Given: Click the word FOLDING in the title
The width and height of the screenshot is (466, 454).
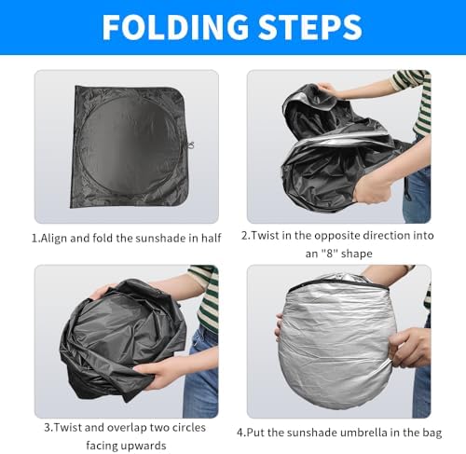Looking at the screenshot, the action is click(x=175, y=27).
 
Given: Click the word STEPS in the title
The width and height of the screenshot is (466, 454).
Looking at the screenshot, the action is click(x=310, y=27).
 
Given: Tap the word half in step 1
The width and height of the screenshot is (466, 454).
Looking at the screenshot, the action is click(x=212, y=238).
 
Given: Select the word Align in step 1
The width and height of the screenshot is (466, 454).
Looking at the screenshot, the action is click(x=54, y=239).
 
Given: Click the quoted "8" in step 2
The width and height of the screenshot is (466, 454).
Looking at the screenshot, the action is click(x=329, y=254).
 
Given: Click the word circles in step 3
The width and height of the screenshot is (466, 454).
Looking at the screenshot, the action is click(x=189, y=428).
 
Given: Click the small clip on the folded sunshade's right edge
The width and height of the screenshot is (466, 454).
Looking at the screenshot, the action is click(x=190, y=145).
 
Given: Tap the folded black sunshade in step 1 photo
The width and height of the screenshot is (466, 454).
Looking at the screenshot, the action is click(x=130, y=146).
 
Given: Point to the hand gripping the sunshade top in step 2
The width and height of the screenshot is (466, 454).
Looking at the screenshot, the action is click(x=326, y=89).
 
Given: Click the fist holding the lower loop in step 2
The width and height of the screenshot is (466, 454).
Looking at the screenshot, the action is click(x=372, y=189).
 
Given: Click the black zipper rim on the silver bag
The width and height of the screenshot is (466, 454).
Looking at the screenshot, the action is click(x=338, y=282).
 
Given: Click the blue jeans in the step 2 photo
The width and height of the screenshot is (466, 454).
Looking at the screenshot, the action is click(x=418, y=193).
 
